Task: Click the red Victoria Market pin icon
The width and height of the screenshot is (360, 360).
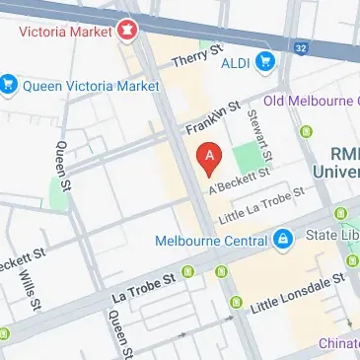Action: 125,31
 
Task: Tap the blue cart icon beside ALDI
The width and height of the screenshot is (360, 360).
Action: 263,62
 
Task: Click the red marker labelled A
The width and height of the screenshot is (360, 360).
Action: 209,157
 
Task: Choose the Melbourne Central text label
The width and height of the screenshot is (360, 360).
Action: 211,240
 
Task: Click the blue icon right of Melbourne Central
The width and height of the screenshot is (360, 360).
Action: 283,240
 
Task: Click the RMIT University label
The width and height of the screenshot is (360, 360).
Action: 342,163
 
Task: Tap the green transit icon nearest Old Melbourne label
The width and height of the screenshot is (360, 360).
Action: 305,129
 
